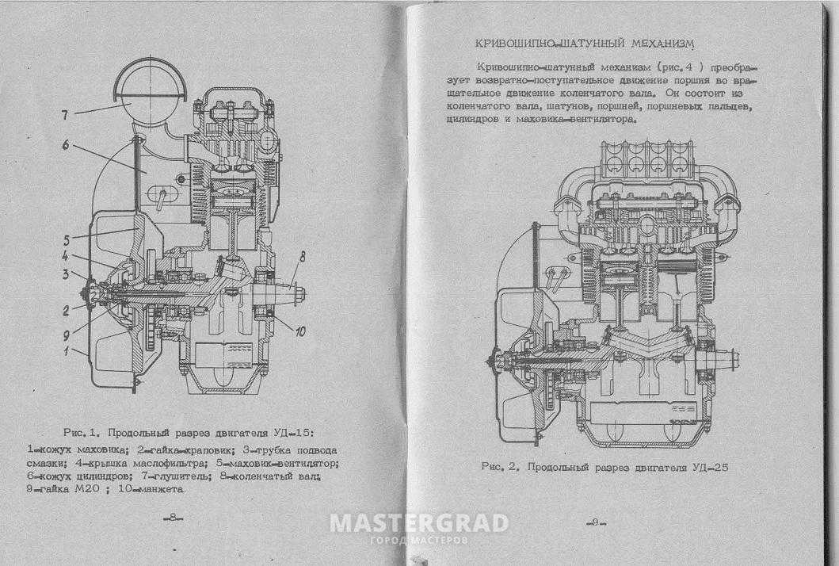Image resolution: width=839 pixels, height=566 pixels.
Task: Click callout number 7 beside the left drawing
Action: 65,115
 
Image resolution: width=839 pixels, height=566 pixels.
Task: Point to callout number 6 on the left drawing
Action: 66,144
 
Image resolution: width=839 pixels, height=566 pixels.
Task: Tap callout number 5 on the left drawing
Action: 67,239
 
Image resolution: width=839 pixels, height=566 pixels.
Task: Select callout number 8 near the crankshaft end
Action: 302,257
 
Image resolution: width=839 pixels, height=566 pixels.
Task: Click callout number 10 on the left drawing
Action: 300,331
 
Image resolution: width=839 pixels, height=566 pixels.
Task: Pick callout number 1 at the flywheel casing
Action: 67,350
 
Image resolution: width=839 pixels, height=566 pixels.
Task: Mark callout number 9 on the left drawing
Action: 67,335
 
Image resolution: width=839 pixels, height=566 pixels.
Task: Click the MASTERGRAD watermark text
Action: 419,523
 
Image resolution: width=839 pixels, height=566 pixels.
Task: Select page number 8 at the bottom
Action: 173,518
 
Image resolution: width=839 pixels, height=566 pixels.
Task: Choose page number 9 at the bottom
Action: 594,522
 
